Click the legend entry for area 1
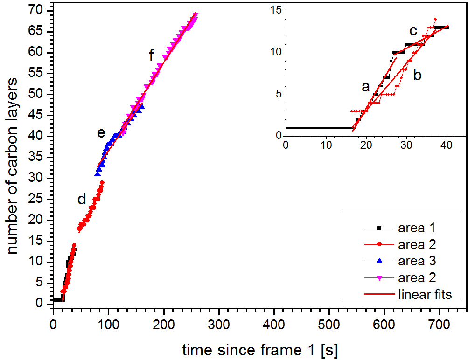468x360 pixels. click(417, 228)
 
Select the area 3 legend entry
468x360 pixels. click(417, 261)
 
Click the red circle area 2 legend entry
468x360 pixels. click(417, 244)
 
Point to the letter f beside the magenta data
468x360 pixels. click(151, 56)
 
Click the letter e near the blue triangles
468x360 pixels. click(101, 133)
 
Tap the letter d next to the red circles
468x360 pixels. click(82, 200)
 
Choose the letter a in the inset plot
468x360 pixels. click(366, 87)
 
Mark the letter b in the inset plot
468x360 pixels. click(417, 75)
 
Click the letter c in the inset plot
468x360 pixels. click(413, 31)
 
